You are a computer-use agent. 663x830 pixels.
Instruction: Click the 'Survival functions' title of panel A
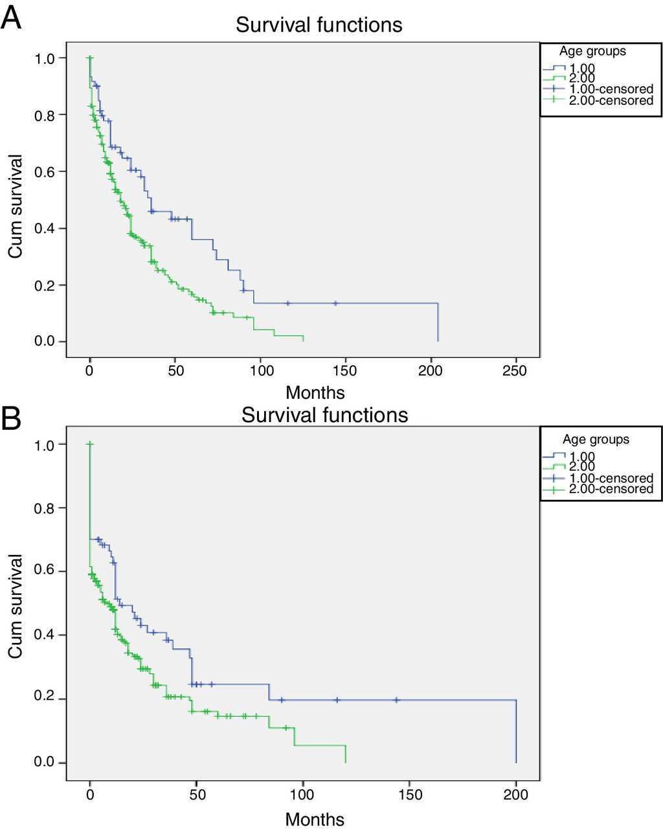(x=319, y=25)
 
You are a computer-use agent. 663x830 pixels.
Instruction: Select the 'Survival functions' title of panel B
(x=324, y=414)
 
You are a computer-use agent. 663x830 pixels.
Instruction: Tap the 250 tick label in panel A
(x=515, y=371)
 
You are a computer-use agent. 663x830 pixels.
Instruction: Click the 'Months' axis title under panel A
(x=315, y=392)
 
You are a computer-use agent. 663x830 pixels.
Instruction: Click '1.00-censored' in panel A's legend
(x=611, y=89)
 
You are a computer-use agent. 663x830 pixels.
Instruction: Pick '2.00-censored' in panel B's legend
(x=611, y=489)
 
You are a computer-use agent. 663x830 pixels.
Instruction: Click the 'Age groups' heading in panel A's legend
(x=592, y=51)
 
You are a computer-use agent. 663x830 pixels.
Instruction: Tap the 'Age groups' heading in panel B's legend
(x=596, y=440)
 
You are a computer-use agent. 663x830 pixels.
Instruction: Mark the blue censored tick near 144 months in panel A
(x=335, y=303)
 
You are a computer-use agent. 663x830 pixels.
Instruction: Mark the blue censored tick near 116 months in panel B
(x=337, y=700)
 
